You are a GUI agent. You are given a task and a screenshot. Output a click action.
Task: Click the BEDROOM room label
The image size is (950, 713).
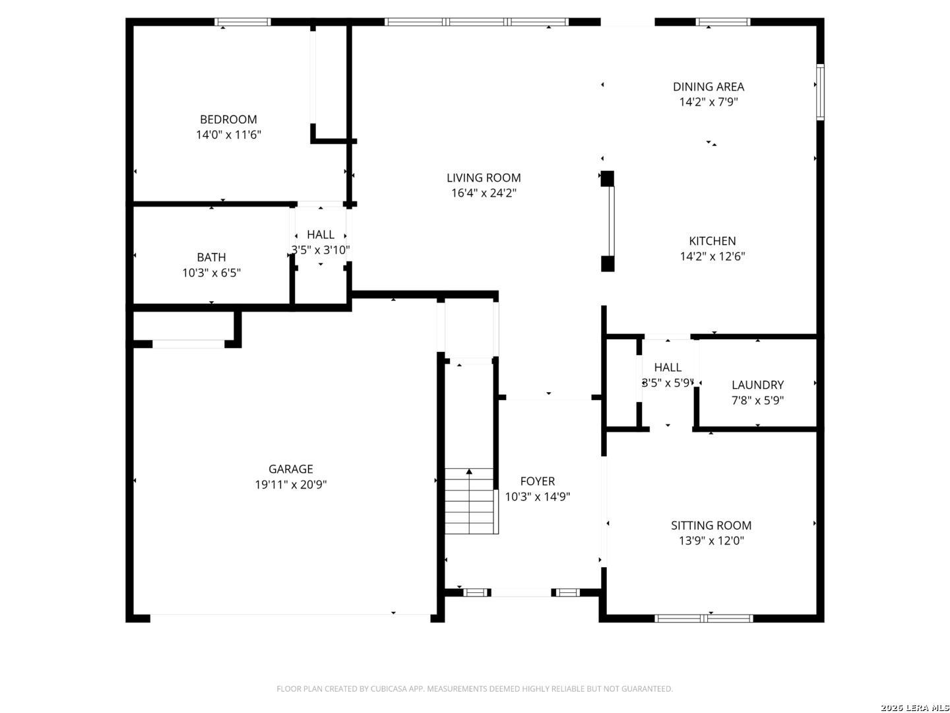(x=228, y=119)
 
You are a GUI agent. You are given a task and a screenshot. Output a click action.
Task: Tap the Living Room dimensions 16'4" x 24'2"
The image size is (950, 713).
(x=484, y=193)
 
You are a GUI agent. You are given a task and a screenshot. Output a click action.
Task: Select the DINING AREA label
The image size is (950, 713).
(x=708, y=86)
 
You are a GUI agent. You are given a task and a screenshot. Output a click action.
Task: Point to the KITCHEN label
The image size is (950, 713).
(x=712, y=241)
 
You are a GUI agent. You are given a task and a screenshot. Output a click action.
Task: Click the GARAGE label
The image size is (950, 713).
(x=290, y=469)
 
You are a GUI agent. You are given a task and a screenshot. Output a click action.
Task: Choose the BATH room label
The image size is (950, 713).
(x=211, y=257)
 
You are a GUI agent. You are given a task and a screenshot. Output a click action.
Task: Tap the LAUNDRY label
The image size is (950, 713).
(x=757, y=385)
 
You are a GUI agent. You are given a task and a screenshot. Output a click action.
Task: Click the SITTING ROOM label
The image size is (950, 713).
(x=711, y=525)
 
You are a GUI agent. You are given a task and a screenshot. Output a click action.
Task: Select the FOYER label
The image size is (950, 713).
(x=537, y=481)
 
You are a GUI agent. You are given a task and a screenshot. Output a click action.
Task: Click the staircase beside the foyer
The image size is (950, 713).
(x=470, y=501)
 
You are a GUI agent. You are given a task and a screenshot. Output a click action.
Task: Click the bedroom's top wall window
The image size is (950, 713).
(x=242, y=22)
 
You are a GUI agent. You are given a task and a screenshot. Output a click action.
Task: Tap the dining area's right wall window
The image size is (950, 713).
(x=820, y=92)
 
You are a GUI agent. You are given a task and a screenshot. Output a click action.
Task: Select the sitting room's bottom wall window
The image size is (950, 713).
(x=703, y=618)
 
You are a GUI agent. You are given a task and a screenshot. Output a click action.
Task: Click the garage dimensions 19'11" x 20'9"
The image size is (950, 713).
(x=290, y=485)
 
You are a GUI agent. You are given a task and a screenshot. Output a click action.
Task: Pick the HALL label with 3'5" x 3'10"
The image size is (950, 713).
(x=320, y=234)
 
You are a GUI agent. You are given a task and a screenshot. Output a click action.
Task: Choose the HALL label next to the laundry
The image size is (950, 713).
(x=668, y=367)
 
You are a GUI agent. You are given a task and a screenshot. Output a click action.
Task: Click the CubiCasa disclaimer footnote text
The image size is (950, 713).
(x=474, y=689)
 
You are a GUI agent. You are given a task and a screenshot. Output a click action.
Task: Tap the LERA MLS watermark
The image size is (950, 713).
(x=914, y=707)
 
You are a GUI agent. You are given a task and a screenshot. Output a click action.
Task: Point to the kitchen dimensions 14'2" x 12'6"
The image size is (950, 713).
(x=712, y=256)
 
